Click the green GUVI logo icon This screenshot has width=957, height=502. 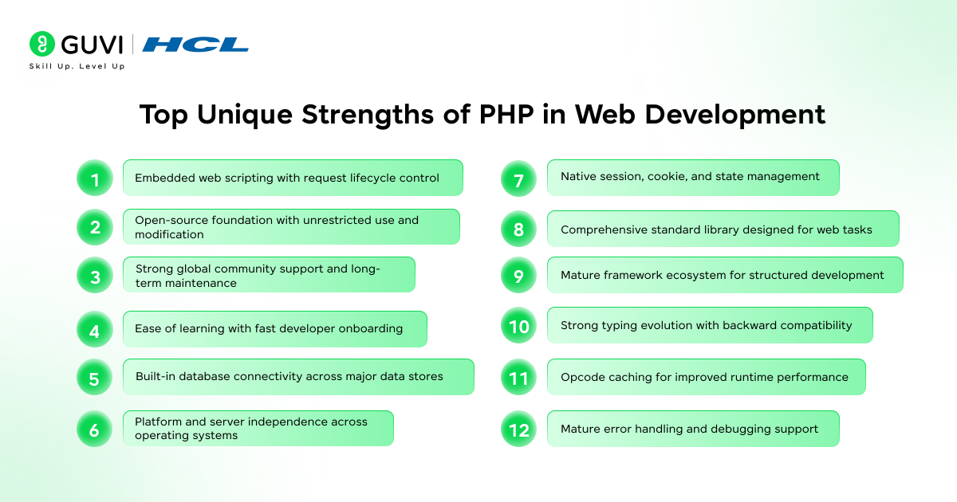41,44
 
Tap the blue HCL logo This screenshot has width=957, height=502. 195,45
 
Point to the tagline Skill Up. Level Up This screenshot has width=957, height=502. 77,66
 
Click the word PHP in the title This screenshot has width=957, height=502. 506,114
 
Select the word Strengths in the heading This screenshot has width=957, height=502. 368,115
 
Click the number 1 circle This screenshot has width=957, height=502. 95,178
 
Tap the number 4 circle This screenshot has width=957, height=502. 95,329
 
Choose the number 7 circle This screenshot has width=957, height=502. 518,178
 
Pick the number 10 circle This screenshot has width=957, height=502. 518,325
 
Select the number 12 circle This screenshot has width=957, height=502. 518,429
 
